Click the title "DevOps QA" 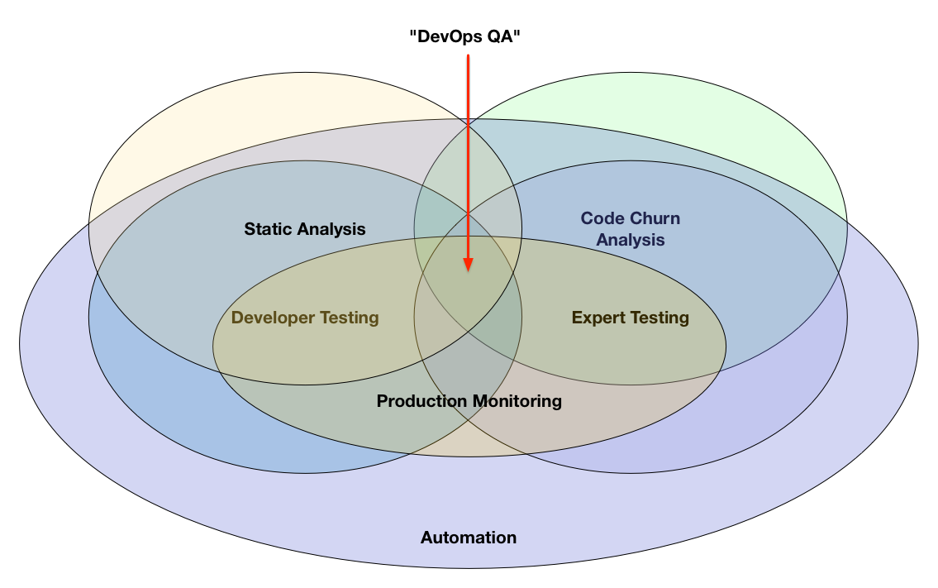[468, 36]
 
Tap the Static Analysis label [305, 229]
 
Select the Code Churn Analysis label [631, 229]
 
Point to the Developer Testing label [305, 318]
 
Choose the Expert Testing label [630, 318]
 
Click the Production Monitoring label [469, 401]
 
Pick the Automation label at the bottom [469, 538]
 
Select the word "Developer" [272, 318]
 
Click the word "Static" [267, 229]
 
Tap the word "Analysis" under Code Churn [631, 241]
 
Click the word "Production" [421, 401]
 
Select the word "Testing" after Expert [659, 318]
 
